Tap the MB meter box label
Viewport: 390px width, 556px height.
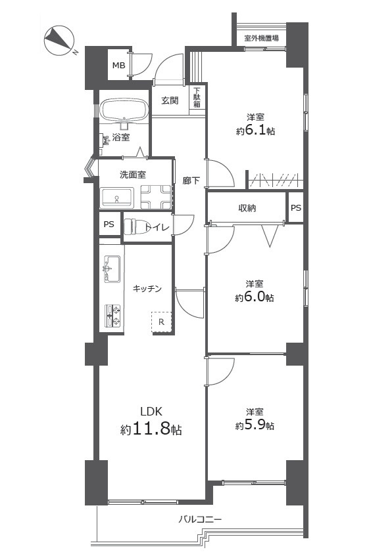[x=118, y=65]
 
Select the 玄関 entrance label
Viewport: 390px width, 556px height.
[x=170, y=100]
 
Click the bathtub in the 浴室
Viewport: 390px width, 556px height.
[x=124, y=110]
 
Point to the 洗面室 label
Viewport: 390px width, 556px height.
[x=132, y=175]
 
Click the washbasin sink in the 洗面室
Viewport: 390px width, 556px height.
[x=117, y=197]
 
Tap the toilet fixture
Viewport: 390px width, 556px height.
[x=134, y=226]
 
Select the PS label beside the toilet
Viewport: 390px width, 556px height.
[x=108, y=225]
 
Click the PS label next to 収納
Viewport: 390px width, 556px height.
[x=296, y=208]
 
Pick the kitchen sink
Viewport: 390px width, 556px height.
[x=110, y=268]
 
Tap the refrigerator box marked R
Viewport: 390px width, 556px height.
[x=161, y=322]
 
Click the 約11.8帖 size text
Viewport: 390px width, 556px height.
[x=151, y=430]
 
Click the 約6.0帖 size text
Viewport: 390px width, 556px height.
[x=255, y=297]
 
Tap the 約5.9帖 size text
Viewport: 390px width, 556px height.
[x=255, y=425]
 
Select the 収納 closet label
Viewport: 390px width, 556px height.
[x=247, y=208]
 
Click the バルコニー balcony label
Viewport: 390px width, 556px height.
[x=200, y=519]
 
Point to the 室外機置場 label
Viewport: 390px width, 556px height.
[x=261, y=38]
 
